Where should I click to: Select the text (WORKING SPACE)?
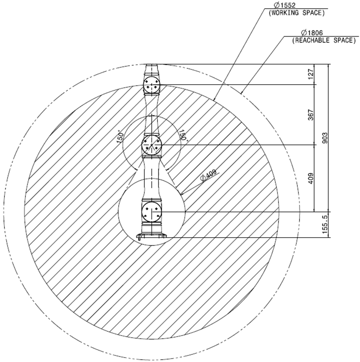(296, 13)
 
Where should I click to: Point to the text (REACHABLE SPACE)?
(324, 41)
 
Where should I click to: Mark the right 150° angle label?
(182, 135)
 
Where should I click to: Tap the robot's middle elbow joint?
(152, 145)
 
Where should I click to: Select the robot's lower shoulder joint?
(152, 212)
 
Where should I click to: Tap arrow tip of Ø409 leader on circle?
(181, 194)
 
